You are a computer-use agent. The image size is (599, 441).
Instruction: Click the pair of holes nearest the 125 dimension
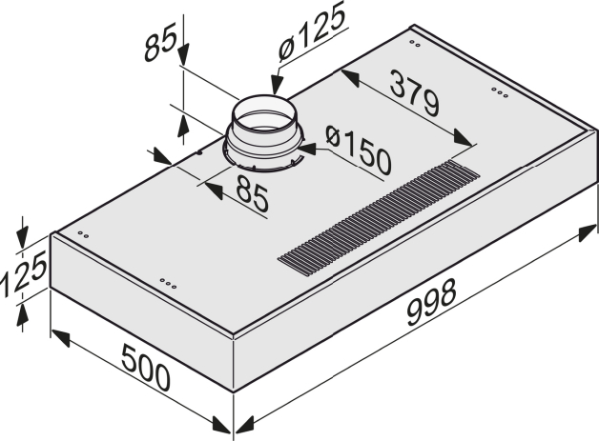82,235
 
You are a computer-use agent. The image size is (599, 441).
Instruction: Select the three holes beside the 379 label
498,91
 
